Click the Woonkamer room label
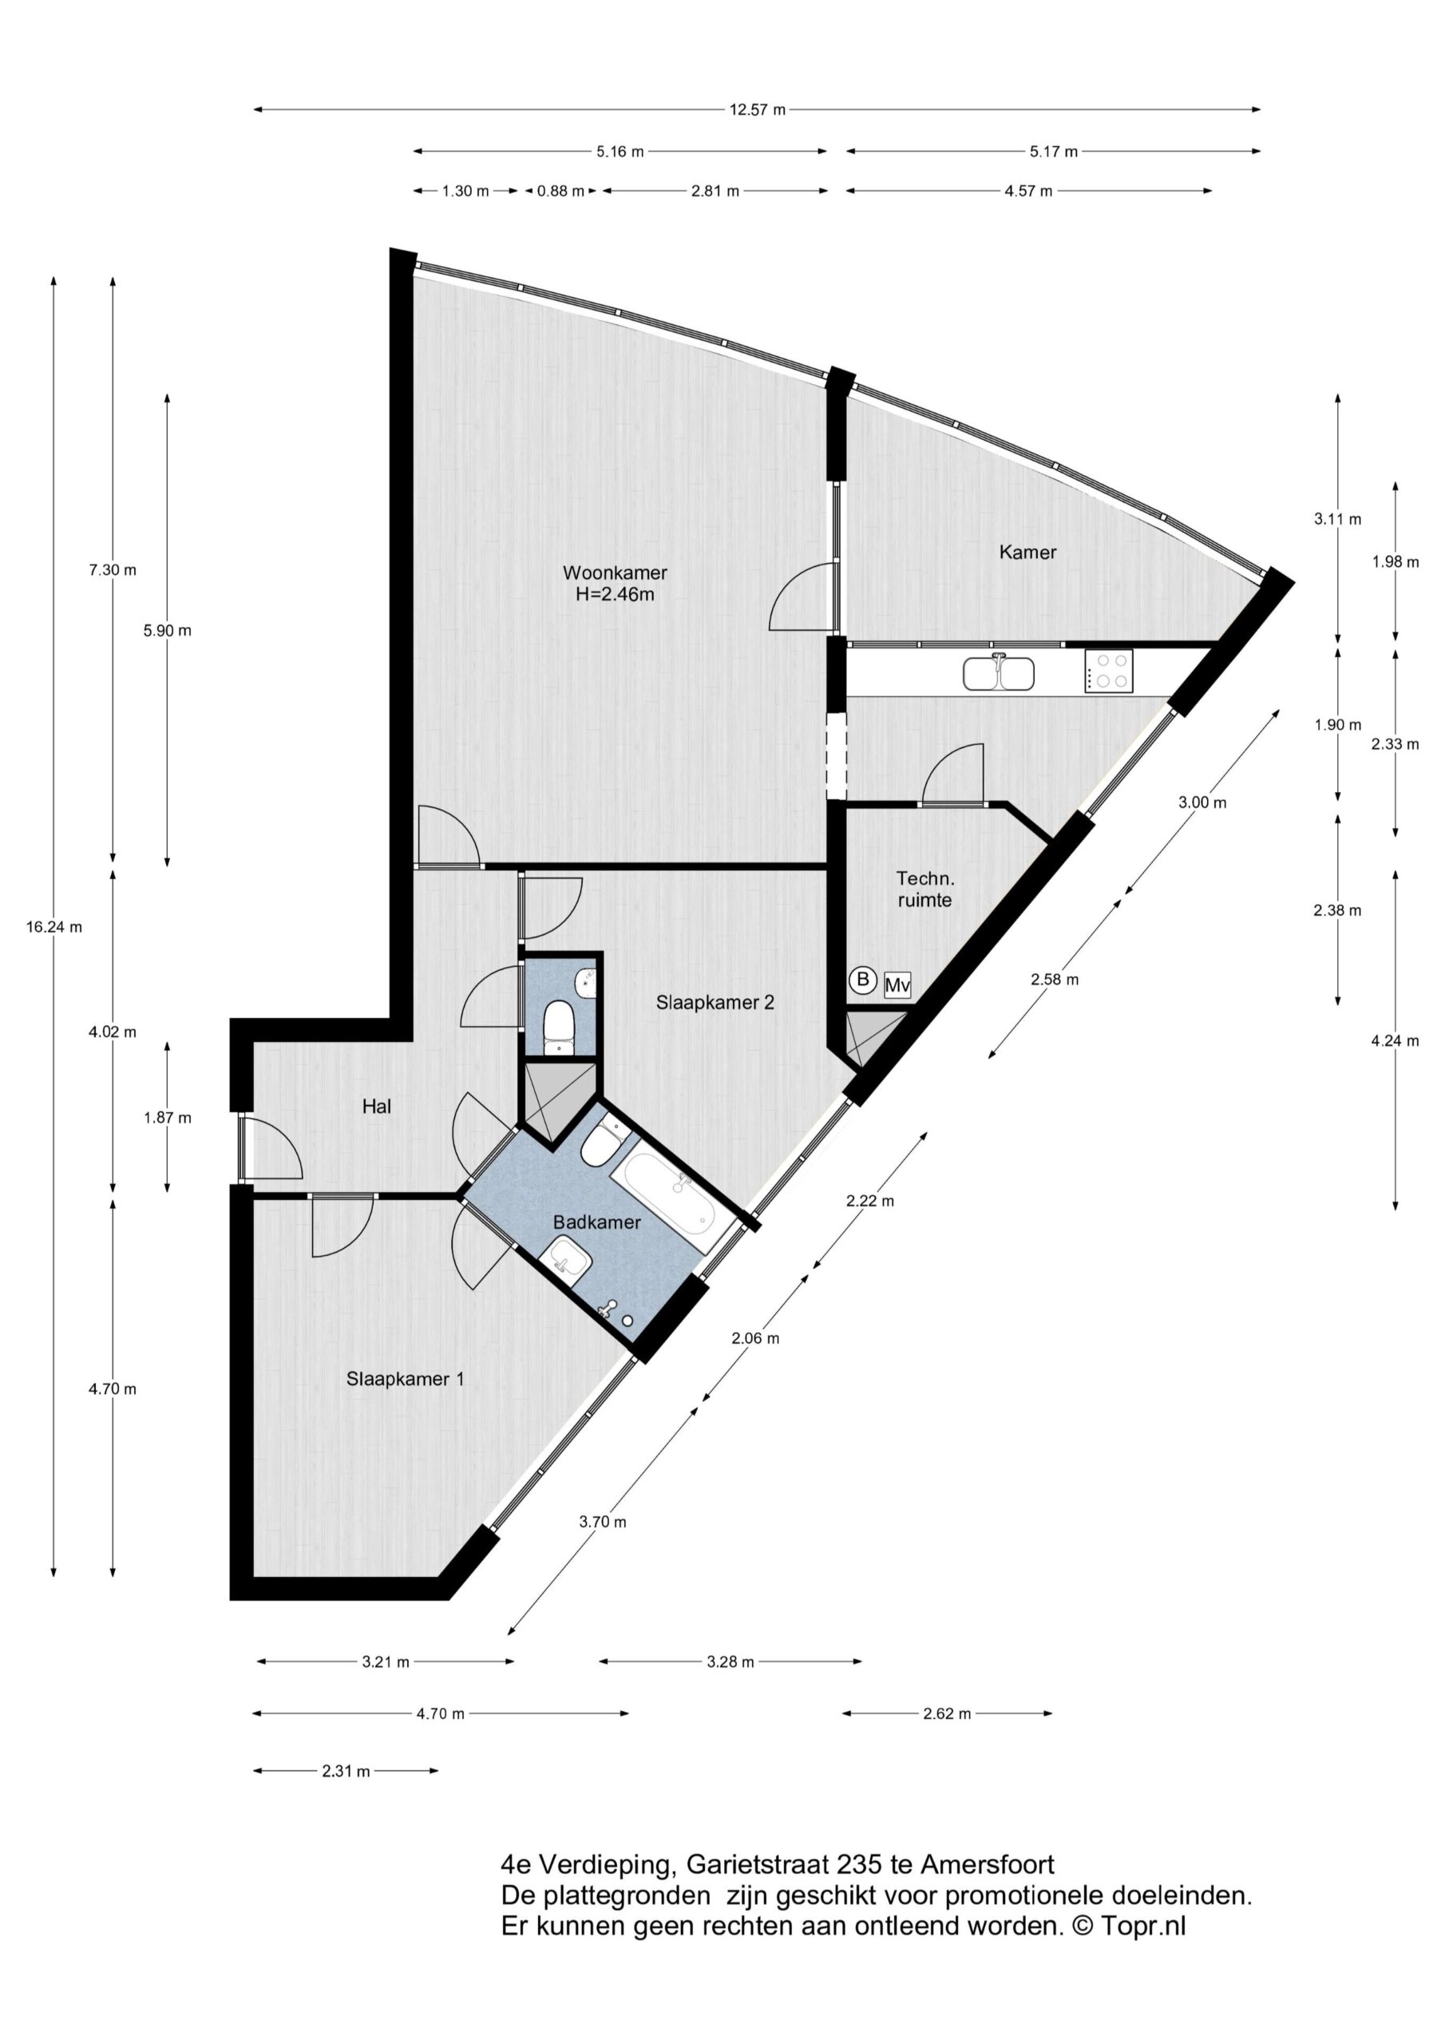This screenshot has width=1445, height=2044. coord(615,572)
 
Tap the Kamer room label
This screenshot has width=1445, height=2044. coord(1027,552)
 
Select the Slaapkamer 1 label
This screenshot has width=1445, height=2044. coord(405,1379)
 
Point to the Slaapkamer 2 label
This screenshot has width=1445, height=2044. coord(715,1002)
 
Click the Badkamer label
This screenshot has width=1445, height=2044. coord(596,1222)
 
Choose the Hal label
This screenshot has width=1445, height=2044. coord(377,1107)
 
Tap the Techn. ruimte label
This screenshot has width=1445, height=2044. coord(925,889)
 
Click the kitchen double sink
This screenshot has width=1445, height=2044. coord(998,673)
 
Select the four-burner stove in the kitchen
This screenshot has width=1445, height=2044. coord(1108,671)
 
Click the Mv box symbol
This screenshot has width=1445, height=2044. coord(897,985)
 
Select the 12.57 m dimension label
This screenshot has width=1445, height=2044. coord(758,110)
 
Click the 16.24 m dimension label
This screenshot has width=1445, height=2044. coord(53,927)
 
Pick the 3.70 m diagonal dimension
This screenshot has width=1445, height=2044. coord(603,1523)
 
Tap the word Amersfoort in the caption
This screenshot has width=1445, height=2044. coord(988,1864)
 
